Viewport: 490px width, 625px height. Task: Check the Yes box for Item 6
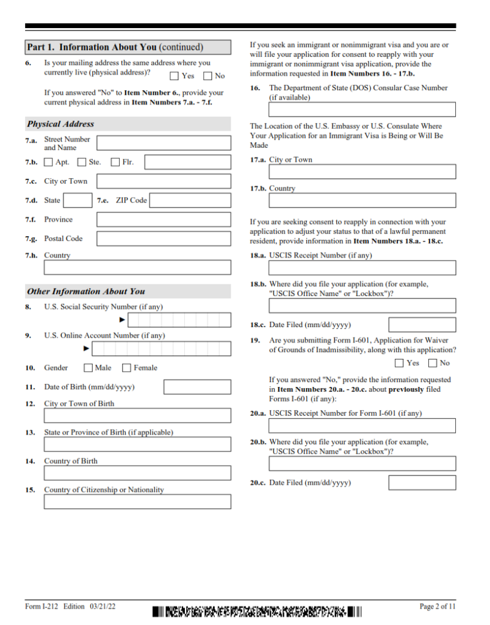tap(175, 76)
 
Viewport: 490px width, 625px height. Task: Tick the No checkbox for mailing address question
tap(207, 76)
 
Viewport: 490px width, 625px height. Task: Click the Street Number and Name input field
tap(164, 143)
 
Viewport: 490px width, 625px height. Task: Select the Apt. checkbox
tap(49, 162)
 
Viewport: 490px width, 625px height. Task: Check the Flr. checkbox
tap(115, 162)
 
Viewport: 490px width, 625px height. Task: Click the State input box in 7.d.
tap(78, 200)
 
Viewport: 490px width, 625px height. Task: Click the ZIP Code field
tap(190, 200)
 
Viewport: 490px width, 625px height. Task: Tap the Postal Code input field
tap(164, 239)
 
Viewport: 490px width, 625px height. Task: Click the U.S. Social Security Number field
tap(179, 320)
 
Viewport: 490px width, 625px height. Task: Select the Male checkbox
tap(88, 368)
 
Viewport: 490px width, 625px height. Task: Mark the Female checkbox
tap(127, 368)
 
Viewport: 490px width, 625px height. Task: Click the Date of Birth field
tap(197, 387)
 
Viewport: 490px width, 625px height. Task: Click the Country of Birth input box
tap(137, 473)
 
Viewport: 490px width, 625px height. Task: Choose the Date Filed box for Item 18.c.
tap(422, 325)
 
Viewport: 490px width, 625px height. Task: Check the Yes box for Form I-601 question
tap(400, 363)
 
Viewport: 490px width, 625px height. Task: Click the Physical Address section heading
tap(60, 124)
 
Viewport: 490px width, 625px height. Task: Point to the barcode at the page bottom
tap(257, 610)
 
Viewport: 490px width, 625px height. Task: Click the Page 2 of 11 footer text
tap(437, 606)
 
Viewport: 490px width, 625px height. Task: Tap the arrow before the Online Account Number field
tap(87, 349)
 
